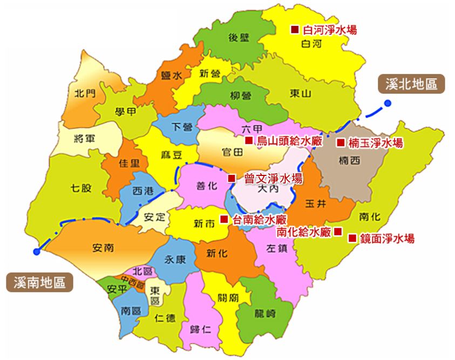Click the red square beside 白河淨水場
pos(295,30)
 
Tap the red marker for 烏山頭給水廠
pos(249,141)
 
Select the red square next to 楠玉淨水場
pos(341,143)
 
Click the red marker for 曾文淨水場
pos(232,178)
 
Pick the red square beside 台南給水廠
pos(224,219)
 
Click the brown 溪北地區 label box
pos(411,84)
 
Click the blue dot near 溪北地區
pos(388,104)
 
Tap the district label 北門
pos(85,93)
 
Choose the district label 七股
pos(81,188)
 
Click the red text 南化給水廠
pos(303,232)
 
